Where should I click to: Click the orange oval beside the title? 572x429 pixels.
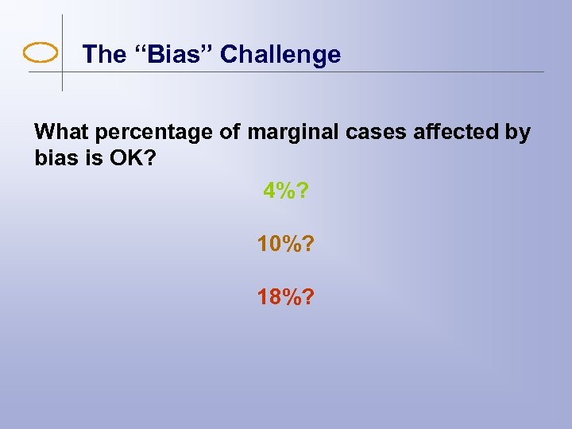click(41, 53)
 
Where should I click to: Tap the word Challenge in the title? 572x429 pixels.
click(280, 54)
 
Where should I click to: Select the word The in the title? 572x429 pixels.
click(104, 54)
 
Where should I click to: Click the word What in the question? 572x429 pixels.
click(62, 131)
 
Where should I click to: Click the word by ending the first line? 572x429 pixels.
click(517, 132)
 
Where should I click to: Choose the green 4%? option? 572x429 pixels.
click(286, 191)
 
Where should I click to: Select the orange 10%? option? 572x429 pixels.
click(286, 244)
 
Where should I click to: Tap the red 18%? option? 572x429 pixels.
click(286, 297)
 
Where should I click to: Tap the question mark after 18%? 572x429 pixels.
click(307, 297)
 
